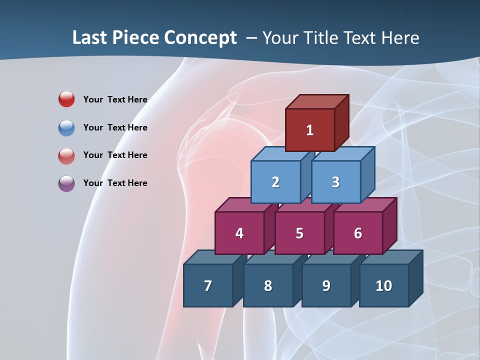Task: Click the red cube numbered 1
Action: tap(310, 130)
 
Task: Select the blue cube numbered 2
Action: tap(275, 182)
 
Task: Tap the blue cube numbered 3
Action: tap(335, 182)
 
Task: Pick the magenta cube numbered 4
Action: tap(239, 233)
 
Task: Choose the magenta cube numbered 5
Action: tap(299, 233)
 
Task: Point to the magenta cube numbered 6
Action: tap(358, 233)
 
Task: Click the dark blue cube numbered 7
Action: tap(208, 285)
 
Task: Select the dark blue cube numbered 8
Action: tap(268, 285)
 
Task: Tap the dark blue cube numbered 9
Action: tap(326, 285)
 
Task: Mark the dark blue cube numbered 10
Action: tap(384, 285)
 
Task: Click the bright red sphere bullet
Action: tap(66, 99)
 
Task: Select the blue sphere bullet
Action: tap(66, 127)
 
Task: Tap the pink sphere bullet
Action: tap(66, 155)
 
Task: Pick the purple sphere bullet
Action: tap(66, 183)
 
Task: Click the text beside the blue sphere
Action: tap(115, 127)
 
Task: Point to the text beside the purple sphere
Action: tap(115, 183)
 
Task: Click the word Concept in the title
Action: tap(200, 37)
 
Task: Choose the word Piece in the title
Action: tap(135, 37)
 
